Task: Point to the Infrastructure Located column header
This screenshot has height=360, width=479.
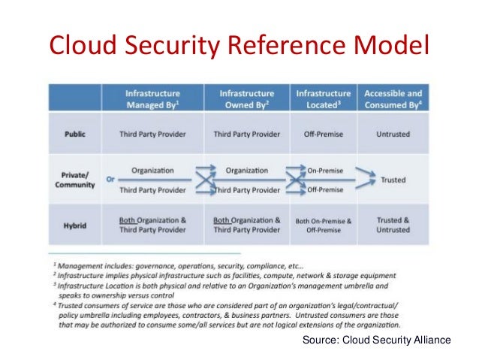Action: pyautogui.click(x=324, y=99)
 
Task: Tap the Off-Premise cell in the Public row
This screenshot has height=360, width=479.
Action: pyautogui.click(x=324, y=135)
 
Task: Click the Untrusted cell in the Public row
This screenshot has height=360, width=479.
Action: pyautogui.click(x=394, y=135)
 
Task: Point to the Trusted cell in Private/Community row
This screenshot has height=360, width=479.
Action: pyautogui.click(x=394, y=180)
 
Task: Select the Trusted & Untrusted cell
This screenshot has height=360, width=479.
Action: pyautogui.click(x=394, y=225)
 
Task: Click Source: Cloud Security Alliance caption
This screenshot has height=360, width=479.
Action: pyautogui.click(x=376, y=340)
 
